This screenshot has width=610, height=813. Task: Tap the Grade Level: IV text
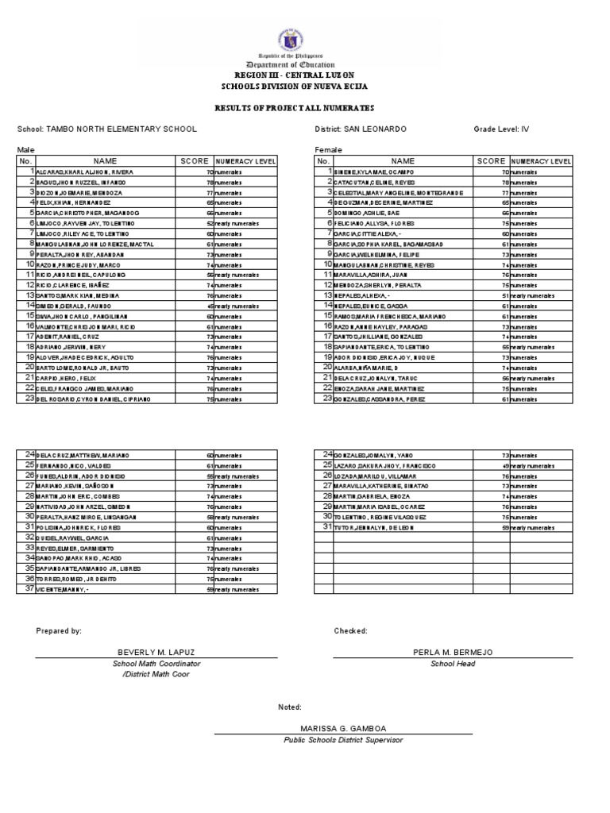pyautogui.click(x=501, y=129)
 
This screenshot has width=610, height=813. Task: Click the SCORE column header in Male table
pyautogui.click(x=195, y=161)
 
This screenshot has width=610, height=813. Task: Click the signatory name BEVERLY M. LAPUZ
pyautogui.click(x=156, y=652)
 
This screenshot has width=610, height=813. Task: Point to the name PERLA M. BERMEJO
pyautogui.click(x=453, y=652)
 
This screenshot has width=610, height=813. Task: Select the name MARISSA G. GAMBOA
pyautogui.click(x=342, y=728)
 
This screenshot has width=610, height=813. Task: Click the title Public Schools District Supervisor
pyautogui.click(x=342, y=740)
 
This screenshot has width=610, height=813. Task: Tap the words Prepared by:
pyautogui.click(x=59, y=630)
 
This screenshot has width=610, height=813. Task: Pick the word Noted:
pyautogui.click(x=289, y=707)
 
